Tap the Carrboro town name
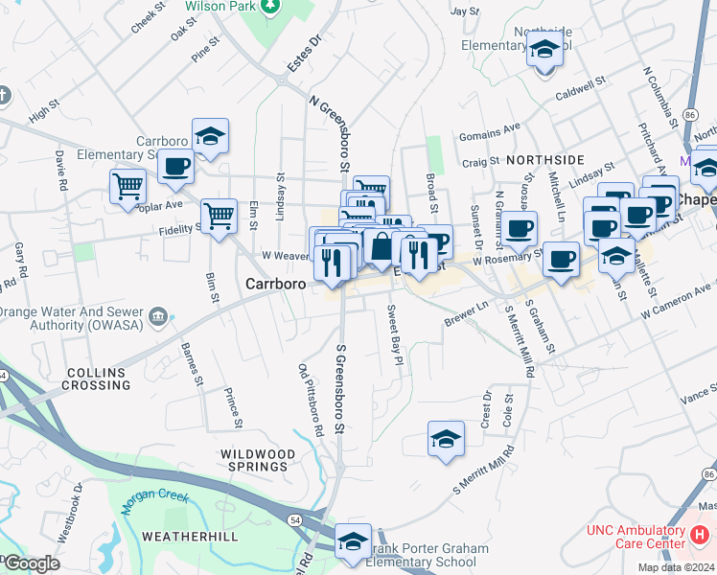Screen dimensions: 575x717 275,285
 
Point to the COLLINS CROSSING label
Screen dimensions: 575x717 98,379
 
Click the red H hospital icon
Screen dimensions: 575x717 702,533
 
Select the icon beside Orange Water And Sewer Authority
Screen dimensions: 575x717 159,315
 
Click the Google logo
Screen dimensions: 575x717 31,563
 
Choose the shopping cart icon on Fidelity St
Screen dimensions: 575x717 220,215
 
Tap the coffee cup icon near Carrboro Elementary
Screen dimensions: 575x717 174,165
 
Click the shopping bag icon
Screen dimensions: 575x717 382,245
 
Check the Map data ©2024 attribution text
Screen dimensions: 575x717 670,566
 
